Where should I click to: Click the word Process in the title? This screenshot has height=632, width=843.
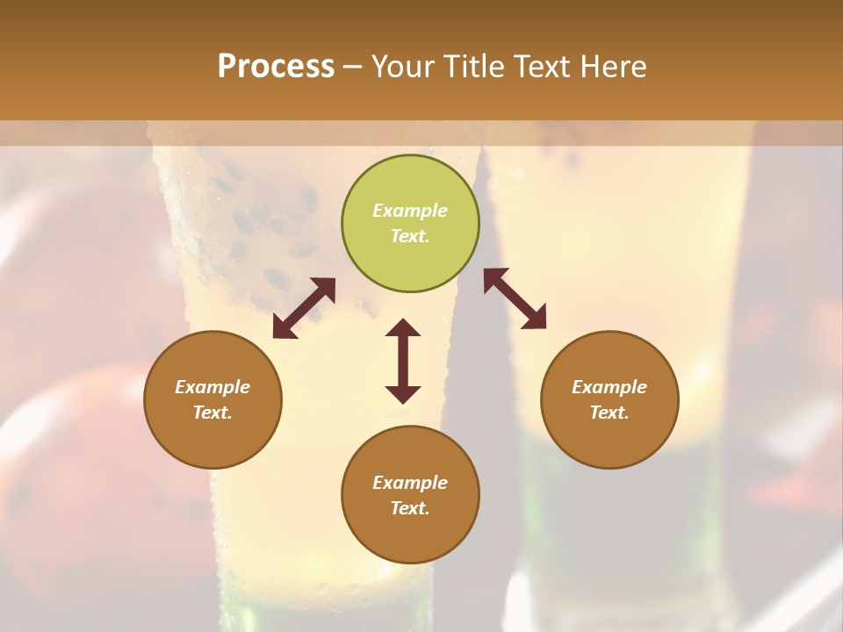(x=276, y=67)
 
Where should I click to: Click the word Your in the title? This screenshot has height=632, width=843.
(x=405, y=67)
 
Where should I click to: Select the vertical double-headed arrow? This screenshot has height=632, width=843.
(x=403, y=361)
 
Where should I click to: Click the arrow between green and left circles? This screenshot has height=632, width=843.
(x=304, y=308)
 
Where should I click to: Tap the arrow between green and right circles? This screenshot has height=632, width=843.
(x=515, y=298)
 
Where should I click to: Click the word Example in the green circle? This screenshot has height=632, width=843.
(x=410, y=211)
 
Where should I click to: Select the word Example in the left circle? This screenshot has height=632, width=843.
(x=213, y=387)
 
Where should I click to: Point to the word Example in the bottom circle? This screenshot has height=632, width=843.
(x=410, y=483)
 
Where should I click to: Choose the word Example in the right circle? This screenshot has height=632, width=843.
(x=609, y=387)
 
